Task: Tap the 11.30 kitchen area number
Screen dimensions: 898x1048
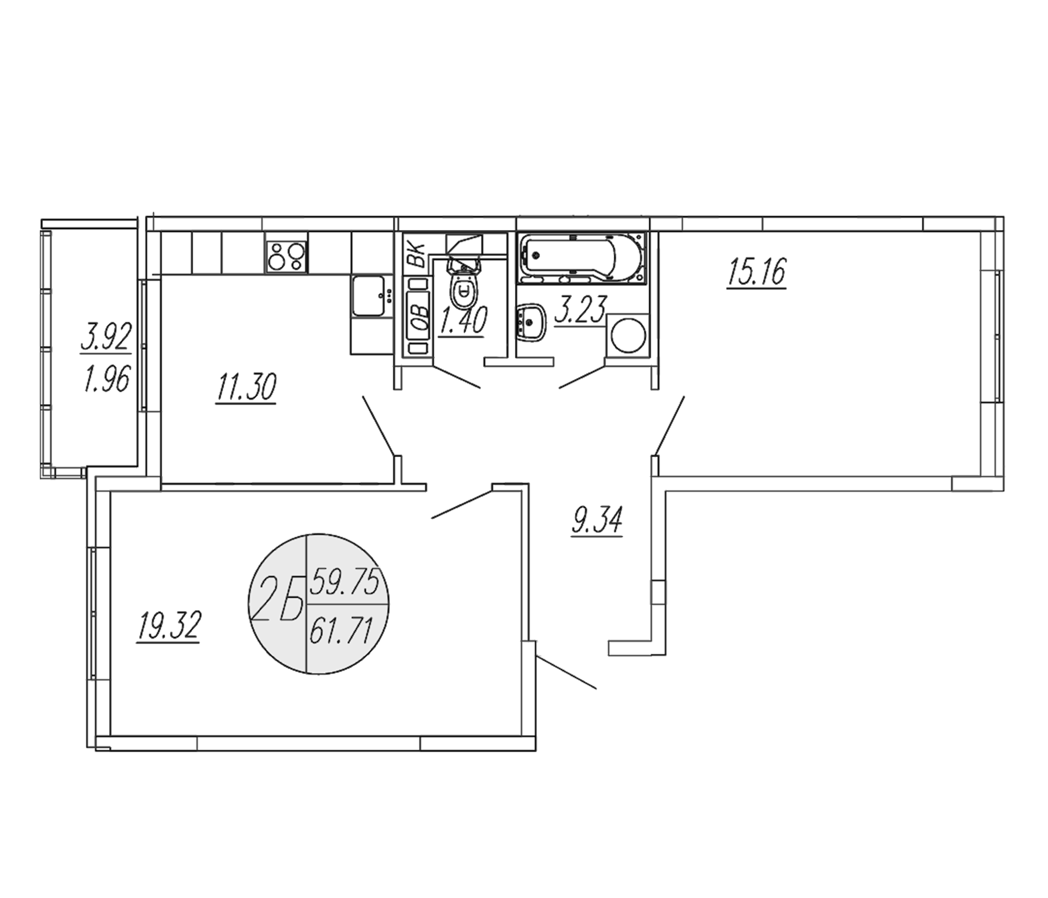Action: [246, 388]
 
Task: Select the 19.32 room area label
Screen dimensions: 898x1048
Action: [169, 626]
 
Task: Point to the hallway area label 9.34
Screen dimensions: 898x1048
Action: [597, 520]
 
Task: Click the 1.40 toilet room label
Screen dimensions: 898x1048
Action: [463, 322]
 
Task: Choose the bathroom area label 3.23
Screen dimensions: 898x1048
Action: [579, 309]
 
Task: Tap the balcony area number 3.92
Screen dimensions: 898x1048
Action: [106, 337]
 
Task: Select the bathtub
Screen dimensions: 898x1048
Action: [582, 257]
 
